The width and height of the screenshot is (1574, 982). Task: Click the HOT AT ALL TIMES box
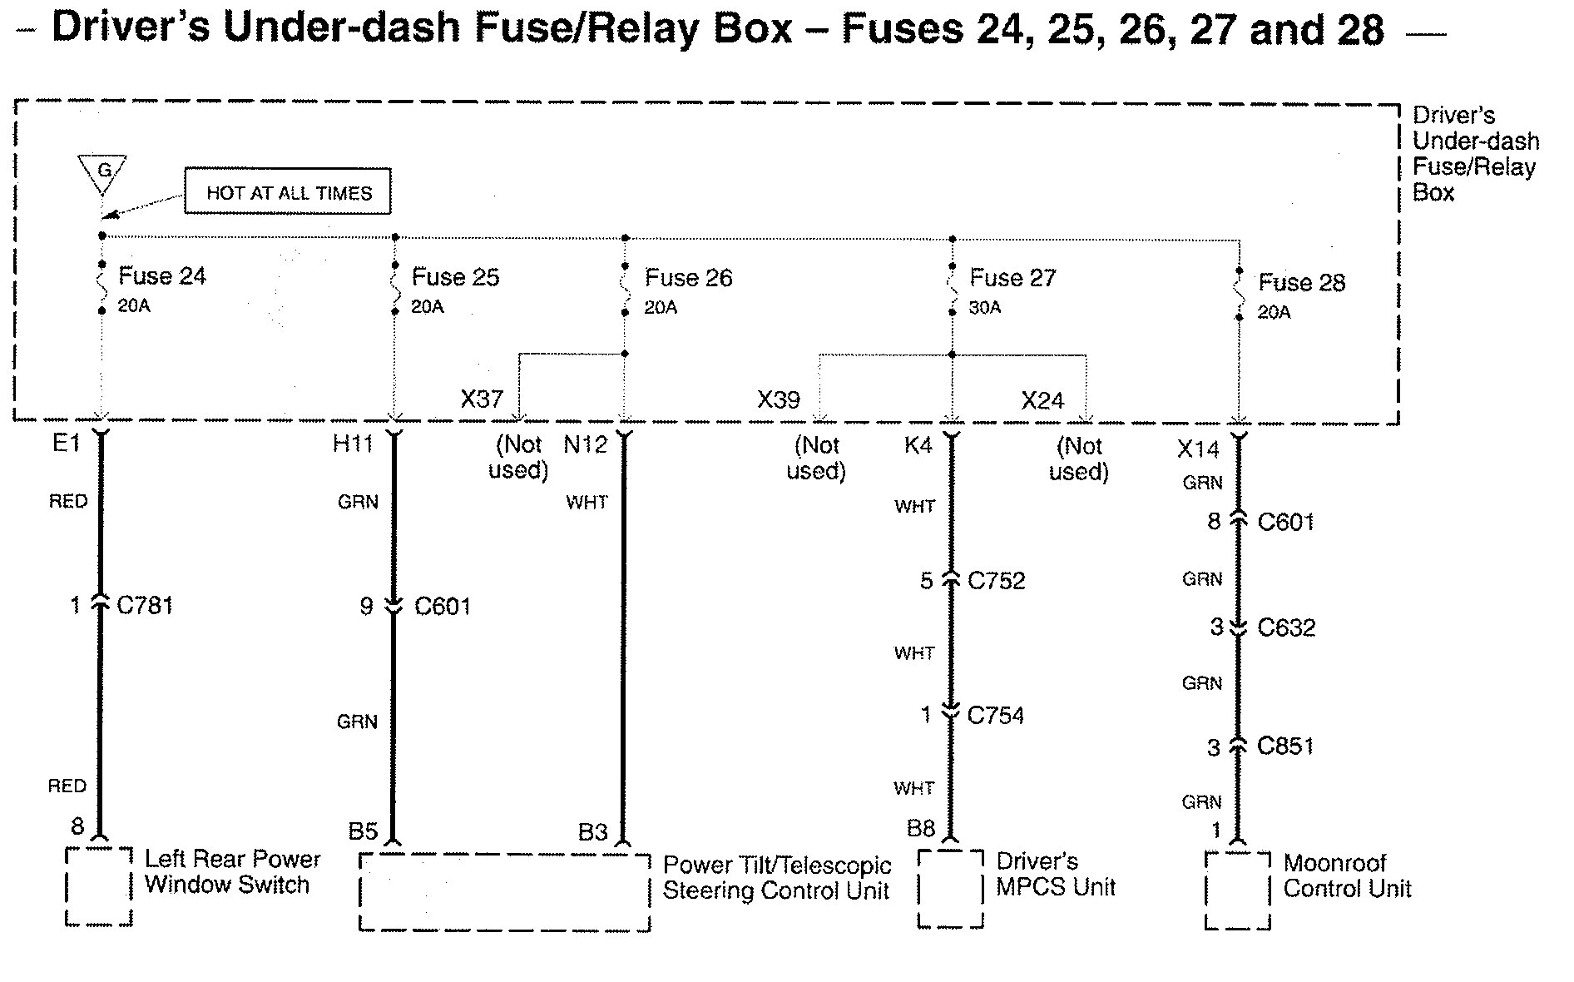point(287,192)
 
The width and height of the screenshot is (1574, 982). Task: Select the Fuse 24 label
point(161,275)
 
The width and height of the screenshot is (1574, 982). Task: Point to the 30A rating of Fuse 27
point(985,308)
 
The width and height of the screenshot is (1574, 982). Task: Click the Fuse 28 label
point(1301,283)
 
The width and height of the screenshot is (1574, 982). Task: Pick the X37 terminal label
point(483,399)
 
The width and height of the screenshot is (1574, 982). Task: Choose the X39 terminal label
point(779,400)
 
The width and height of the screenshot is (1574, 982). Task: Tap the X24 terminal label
point(1042,401)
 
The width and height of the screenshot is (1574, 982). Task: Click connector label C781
point(145,605)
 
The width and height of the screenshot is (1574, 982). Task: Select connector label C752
point(996,580)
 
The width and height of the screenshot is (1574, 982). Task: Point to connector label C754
point(995,715)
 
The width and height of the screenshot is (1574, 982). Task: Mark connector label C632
point(1286,627)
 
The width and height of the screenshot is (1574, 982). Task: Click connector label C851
point(1285,746)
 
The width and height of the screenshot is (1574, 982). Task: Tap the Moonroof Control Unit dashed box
point(1237,890)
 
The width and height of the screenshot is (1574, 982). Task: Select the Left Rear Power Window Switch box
point(99,886)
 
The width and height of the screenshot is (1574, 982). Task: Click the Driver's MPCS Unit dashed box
point(951,888)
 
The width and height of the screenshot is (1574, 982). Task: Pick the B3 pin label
point(593,831)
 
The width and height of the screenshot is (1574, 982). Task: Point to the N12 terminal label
point(586,445)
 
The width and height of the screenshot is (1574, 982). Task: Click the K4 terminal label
point(918,446)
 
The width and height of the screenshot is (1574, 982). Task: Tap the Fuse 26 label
point(688,278)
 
